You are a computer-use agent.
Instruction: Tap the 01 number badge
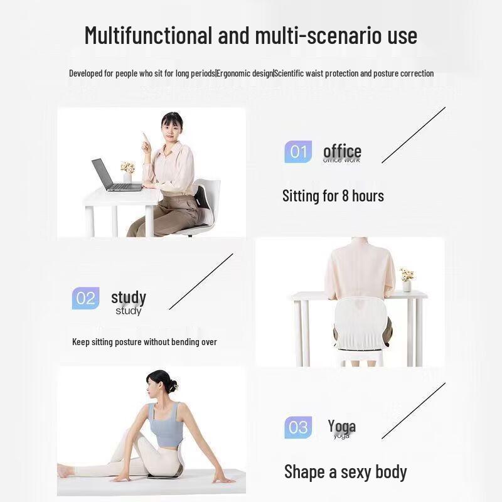point(298,152)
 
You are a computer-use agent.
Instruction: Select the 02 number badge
point(85,298)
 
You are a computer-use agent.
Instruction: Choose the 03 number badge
point(298,427)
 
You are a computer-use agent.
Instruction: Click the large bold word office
point(342,151)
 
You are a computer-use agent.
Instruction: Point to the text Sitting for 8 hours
point(333,196)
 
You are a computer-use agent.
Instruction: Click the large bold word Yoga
point(341,427)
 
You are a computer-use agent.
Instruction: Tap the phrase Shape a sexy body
point(345,472)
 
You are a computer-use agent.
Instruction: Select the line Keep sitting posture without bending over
point(144,342)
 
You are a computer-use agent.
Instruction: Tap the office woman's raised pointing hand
point(145,139)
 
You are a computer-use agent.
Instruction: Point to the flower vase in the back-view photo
point(407,280)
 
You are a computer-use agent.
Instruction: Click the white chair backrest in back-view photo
point(358,317)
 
